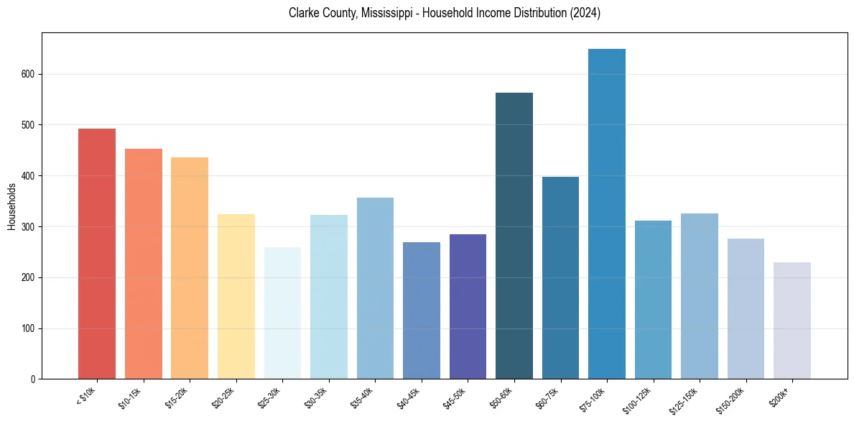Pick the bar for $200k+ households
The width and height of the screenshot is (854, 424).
click(x=792, y=321)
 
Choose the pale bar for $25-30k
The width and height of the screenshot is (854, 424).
click(x=282, y=313)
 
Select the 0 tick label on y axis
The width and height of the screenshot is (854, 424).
click(x=33, y=379)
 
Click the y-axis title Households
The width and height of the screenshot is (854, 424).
click(x=12, y=206)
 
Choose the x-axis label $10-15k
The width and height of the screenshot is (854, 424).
click(x=131, y=398)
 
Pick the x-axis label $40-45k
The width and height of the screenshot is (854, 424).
click(x=409, y=398)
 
